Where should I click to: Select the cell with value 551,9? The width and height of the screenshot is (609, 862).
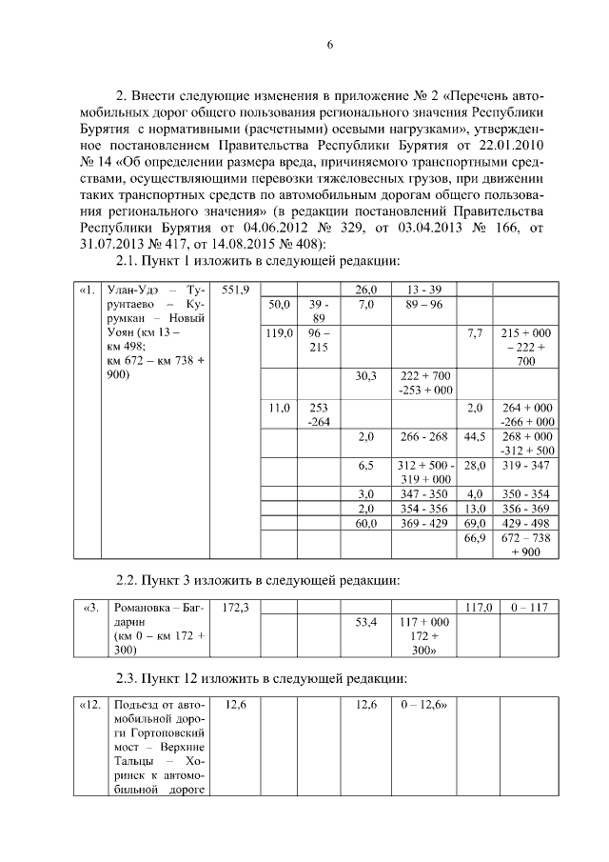coord(235,290)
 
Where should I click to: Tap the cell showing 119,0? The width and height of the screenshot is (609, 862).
coord(279,333)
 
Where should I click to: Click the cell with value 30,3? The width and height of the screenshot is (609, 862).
coord(366,376)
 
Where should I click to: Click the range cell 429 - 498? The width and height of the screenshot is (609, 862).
coord(525,524)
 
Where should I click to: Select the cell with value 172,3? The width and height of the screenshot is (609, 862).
coord(235,607)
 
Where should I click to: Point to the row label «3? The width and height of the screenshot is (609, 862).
coord(88,607)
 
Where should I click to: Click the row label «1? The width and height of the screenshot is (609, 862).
coord(88,290)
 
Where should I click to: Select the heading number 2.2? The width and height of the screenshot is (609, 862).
coord(128,579)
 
